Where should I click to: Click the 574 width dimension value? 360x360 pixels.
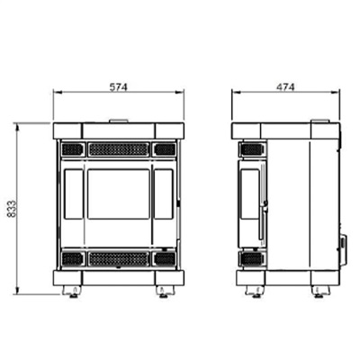[x=118, y=87]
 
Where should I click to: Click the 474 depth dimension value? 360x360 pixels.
[x=285, y=87]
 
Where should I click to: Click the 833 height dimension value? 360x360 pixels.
[x=12, y=209]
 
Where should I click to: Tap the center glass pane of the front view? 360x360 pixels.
[x=119, y=193]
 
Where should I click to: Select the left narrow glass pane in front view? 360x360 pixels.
[x=74, y=193]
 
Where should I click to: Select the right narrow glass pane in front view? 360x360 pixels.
[x=164, y=193]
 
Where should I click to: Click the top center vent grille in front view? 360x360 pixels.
[x=119, y=149]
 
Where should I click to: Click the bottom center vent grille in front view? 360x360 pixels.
[x=119, y=259]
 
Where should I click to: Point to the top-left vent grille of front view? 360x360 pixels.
[x=72, y=149]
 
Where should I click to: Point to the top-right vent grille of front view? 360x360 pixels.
[x=165, y=149]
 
